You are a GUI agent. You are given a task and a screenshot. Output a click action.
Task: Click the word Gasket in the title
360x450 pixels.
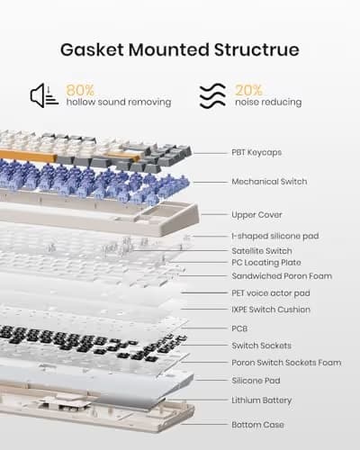click(x=92, y=49)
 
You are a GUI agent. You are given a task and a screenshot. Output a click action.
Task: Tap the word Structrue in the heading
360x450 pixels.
click(x=256, y=49)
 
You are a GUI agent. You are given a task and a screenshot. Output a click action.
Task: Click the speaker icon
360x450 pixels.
click(x=44, y=95)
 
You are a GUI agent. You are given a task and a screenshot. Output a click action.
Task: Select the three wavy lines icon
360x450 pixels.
click(x=212, y=95)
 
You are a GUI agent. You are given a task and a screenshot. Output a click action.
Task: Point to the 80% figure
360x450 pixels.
click(x=80, y=90)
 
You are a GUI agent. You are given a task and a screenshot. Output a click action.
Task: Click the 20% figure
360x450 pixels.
click(x=248, y=90)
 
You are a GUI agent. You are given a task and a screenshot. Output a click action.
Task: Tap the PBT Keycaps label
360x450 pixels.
click(x=256, y=152)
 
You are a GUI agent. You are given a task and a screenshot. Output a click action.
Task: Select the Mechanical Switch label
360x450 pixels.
click(x=269, y=182)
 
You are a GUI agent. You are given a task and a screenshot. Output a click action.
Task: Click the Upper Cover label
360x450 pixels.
click(x=256, y=215)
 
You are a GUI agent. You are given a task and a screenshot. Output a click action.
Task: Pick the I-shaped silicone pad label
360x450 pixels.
click(x=275, y=236)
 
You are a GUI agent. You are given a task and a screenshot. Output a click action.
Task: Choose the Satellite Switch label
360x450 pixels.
click(x=262, y=251)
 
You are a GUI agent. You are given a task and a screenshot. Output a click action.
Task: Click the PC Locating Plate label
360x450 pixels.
click(x=266, y=263)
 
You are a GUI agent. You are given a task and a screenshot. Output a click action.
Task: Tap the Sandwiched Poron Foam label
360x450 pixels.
click(x=282, y=276)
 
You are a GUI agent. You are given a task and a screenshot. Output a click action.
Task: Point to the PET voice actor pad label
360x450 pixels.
click(x=271, y=293)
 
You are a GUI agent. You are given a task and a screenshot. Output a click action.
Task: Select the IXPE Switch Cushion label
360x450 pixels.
click(x=271, y=310)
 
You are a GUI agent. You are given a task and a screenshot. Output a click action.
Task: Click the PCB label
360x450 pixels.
click(x=239, y=328)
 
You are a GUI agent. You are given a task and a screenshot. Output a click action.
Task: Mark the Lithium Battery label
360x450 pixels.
click(x=262, y=400)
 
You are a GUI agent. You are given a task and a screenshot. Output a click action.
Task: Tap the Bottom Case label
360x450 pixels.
click(x=257, y=425)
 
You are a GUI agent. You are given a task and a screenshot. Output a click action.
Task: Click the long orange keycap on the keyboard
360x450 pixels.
click(x=28, y=156)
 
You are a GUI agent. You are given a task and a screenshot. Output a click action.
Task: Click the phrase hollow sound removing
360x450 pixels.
click(x=119, y=103)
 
